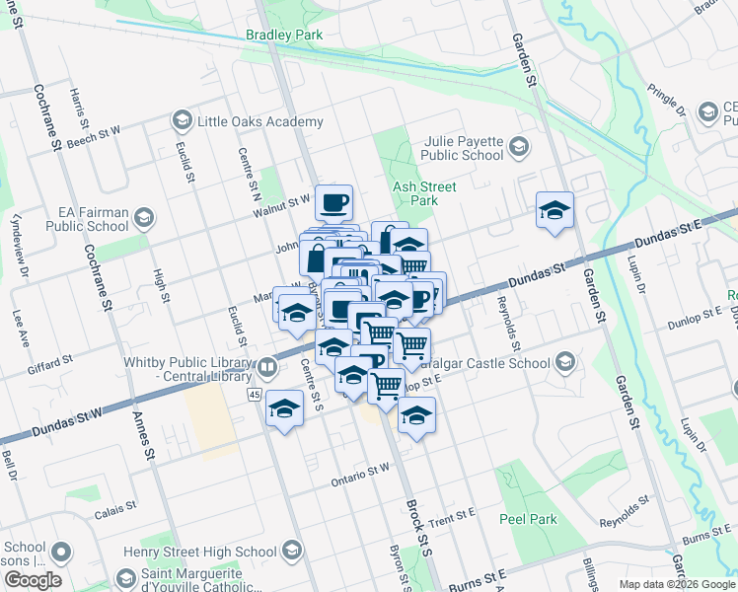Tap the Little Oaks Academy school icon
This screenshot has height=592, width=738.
182,121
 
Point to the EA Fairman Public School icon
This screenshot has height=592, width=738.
144,217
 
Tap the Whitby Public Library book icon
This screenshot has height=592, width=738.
266,369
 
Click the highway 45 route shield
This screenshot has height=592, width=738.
254,395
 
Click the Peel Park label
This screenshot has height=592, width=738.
528,519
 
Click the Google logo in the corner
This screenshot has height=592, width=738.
33,580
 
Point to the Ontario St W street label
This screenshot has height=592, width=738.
360,473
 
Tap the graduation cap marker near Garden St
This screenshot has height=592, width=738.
555,210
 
